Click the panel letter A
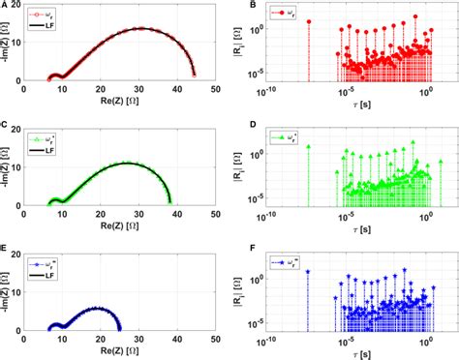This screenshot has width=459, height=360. click(x=6, y=6)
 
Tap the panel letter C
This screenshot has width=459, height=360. click(x=6, y=125)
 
